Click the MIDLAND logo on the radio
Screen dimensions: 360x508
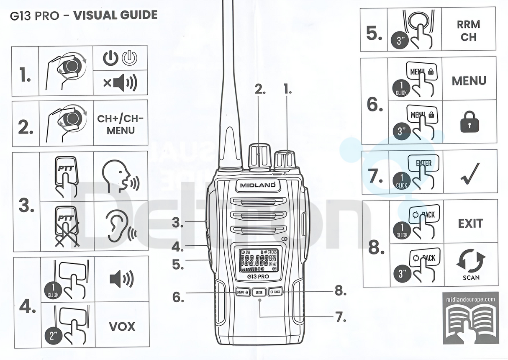pos(258,184)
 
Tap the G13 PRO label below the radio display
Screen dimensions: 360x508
pos(258,276)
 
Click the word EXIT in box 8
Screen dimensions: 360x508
pos(470,224)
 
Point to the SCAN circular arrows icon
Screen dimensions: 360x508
pos(471,262)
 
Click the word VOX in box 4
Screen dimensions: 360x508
pos(121,326)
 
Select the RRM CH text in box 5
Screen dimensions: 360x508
pos(469,31)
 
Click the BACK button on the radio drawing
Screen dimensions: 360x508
pos(275,292)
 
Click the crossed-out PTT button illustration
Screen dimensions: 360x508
pos(67,226)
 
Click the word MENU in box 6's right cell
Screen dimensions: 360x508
pos(469,81)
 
